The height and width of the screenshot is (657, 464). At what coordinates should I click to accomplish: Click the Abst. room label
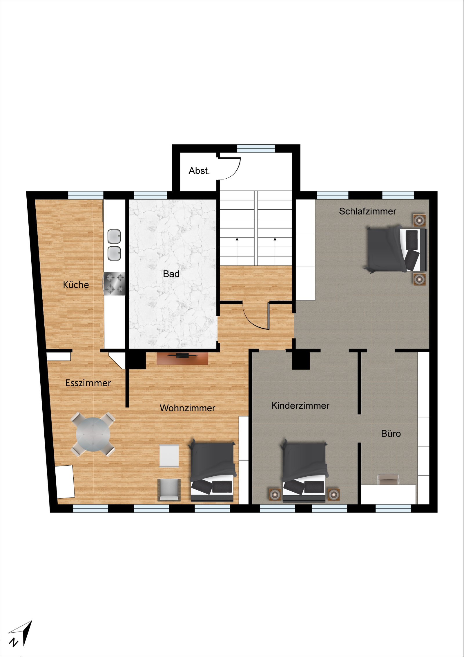[x=199, y=171]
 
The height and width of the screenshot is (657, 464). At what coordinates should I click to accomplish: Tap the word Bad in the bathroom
[x=171, y=274]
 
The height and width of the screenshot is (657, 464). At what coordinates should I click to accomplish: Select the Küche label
[x=76, y=285]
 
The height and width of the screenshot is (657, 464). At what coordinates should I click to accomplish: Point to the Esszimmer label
[x=88, y=383]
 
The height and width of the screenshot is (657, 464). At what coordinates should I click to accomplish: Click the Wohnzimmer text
[x=187, y=408]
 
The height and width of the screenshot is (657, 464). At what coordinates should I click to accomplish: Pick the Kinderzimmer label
[x=300, y=406]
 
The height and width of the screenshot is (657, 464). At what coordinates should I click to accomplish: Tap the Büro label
[x=391, y=434]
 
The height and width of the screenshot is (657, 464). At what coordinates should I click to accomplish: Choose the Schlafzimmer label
[x=367, y=211]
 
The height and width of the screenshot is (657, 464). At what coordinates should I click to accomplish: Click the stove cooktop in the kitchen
[x=114, y=283]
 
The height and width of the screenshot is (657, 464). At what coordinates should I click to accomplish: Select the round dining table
[x=93, y=434]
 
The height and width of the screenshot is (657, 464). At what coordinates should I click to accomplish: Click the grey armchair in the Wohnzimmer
[x=169, y=490]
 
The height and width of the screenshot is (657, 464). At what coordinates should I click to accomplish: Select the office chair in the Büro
[x=388, y=479]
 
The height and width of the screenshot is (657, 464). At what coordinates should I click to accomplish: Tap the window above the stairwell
[x=256, y=148]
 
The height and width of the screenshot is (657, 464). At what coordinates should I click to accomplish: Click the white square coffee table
[x=169, y=456]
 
